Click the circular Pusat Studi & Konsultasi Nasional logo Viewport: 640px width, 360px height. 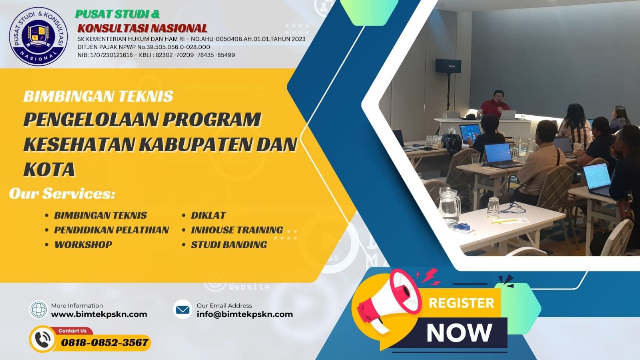tap(38, 36)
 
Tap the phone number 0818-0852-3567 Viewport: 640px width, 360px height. tap(104, 343)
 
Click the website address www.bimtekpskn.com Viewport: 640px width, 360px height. tap(99, 314)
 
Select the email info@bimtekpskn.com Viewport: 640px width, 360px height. tap(245, 314)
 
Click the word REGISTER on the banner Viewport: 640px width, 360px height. tap(461, 303)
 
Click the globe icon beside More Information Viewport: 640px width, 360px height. tap(39, 310)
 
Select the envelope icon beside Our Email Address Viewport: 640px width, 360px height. tap(183, 310)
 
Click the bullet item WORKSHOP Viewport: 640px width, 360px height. tap(83, 245)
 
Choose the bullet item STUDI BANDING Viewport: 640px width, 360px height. tap(229, 245)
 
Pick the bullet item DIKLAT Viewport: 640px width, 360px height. tap(208, 215)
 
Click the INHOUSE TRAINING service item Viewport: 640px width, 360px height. tap(237, 230)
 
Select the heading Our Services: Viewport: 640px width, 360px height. tap(62, 193)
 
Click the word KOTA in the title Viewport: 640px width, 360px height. tap(49, 169)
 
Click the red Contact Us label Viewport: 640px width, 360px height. tap(72, 331)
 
